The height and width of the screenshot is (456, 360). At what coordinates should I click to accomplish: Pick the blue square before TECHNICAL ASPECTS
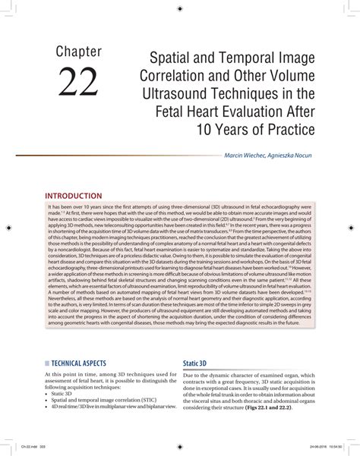48,363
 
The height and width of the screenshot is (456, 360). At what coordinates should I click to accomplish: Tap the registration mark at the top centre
179,7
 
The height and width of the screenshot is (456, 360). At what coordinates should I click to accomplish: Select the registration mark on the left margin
8,227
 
